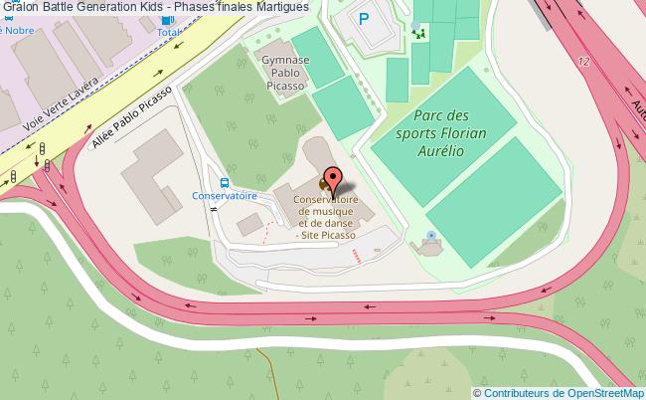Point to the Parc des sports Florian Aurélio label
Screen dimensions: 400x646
[x=441, y=131]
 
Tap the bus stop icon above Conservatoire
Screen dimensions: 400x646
[x=225, y=182]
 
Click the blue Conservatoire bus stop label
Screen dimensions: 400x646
[x=225, y=196]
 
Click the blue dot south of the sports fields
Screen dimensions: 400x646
[x=430, y=236]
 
